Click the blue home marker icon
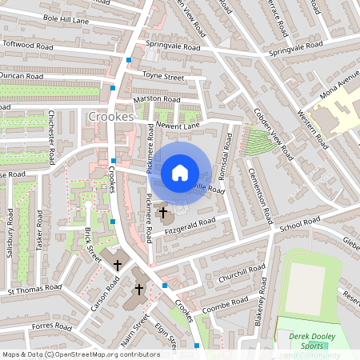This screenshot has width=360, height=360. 180,172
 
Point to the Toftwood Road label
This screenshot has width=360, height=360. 30,46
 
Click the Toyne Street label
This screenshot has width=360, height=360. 163,77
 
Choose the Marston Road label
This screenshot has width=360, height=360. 157,100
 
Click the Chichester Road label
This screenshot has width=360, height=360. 51,137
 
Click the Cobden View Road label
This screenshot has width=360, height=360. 269,126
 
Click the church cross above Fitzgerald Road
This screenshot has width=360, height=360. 164,213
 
